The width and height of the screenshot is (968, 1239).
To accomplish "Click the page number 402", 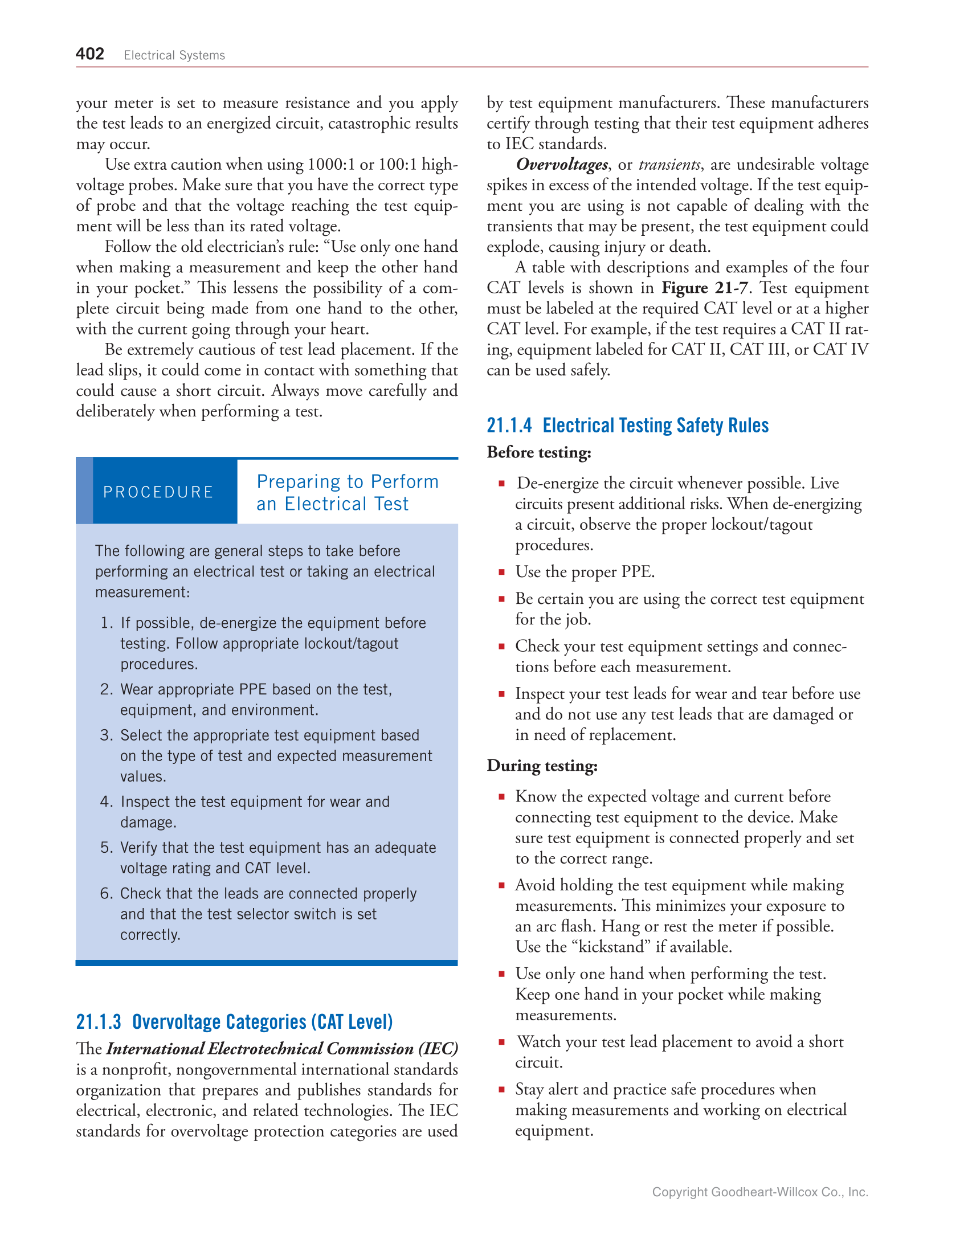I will tap(90, 54).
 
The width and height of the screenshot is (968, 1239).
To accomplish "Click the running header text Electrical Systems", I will tap(174, 55).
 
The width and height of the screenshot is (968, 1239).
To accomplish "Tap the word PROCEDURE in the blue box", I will tap(158, 492).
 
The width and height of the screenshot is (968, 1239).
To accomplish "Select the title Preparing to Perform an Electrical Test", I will tap(347, 493).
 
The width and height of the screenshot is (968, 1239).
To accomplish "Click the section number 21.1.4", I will tap(509, 426).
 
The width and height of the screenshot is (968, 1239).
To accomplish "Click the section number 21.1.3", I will tap(99, 1022).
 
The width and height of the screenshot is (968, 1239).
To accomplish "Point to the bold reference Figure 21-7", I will tap(704, 288).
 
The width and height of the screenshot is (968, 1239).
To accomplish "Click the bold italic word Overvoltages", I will tap(562, 165).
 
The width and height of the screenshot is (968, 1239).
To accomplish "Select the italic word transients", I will tap(669, 165).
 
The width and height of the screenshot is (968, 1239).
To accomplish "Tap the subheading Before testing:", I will tap(539, 452).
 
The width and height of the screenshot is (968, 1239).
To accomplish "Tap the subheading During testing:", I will tap(542, 766).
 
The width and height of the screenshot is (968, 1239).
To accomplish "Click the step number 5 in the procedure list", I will tap(106, 848).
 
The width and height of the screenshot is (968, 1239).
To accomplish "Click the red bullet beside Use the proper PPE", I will tap(502, 572).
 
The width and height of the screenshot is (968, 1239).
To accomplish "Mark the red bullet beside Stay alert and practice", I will tap(502, 1089).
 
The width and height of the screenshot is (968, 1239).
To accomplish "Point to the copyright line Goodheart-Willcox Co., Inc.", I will tap(759, 1192).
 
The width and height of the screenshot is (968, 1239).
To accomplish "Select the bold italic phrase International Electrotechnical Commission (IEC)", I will tap(282, 1049).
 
